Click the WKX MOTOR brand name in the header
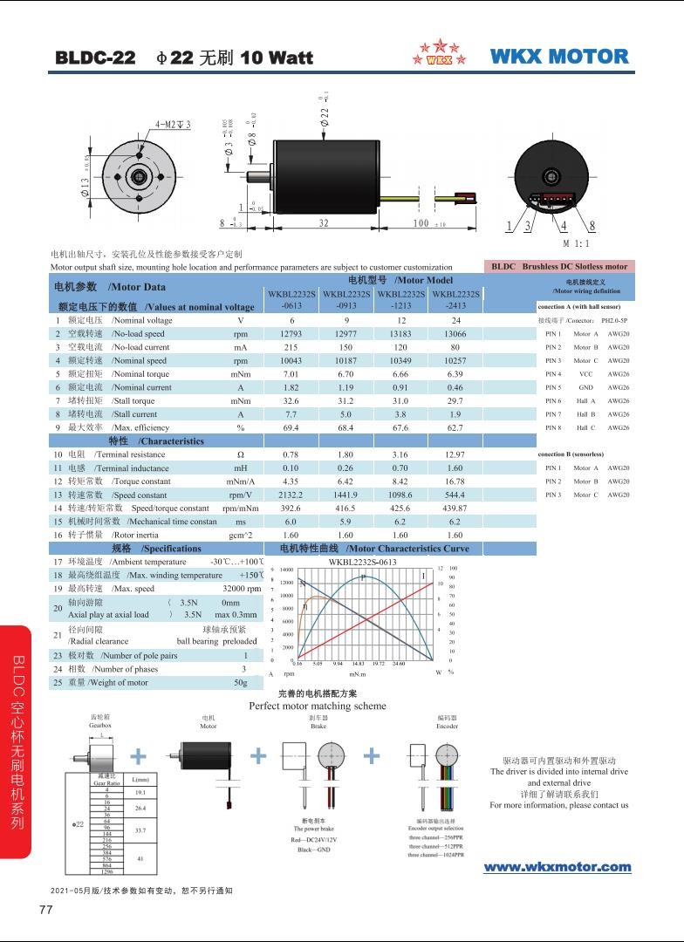559,57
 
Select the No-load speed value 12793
291,334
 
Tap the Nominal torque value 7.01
291,374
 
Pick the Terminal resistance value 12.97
455,454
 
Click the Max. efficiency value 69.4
291,427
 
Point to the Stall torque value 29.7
455,401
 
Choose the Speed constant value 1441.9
345,495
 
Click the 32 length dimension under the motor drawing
324,223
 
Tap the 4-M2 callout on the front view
173,125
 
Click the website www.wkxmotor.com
557,866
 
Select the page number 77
46,910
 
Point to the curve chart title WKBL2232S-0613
362,562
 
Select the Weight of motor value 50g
241,682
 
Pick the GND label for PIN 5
585,387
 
